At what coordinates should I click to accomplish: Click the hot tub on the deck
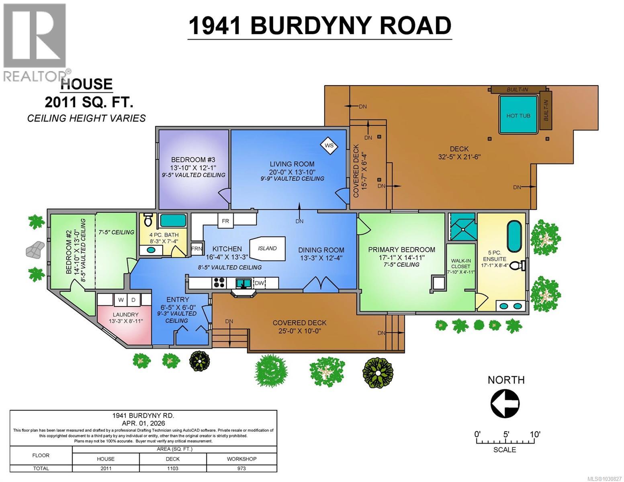click(518, 115)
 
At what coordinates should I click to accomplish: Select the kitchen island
click(268, 248)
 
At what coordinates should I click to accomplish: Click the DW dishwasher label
click(260, 283)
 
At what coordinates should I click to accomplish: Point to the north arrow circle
click(505, 403)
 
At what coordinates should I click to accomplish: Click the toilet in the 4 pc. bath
click(147, 220)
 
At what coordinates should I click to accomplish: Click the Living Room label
click(292, 164)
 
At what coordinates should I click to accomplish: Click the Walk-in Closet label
click(460, 263)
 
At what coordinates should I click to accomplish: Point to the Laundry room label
click(125, 315)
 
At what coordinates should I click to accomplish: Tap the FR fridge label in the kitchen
click(225, 221)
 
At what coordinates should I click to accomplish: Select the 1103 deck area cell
click(173, 468)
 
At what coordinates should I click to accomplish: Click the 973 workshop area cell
click(241, 468)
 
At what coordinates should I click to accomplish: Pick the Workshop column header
click(241, 459)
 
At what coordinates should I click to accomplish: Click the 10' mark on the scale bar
click(535, 435)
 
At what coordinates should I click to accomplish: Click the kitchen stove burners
click(219, 283)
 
